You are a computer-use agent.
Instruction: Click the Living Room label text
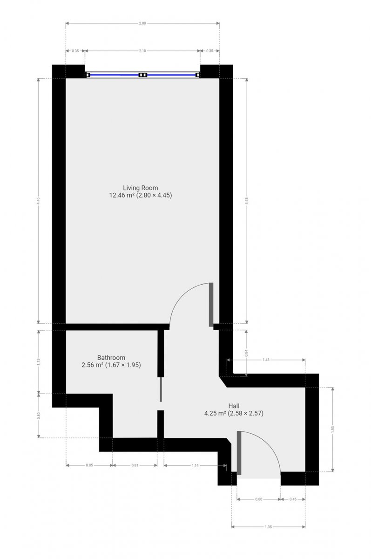[141, 188]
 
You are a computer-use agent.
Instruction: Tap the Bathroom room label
[111, 358]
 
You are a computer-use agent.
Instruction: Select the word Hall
[234, 406]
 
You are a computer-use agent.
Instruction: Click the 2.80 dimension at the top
[142, 23]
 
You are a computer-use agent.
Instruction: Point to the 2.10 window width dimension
[142, 51]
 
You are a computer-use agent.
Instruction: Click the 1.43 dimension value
[266, 360]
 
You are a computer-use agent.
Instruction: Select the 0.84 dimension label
[246, 352]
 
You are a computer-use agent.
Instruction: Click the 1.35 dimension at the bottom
[268, 527]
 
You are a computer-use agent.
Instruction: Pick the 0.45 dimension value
[293, 499]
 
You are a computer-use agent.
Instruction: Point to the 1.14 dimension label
[195, 465]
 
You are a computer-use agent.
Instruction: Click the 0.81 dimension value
[135, 465]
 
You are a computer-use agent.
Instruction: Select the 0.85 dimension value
[89, 465]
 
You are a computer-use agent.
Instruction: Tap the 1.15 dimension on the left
[38, 362]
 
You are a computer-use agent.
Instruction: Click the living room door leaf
[211, 305]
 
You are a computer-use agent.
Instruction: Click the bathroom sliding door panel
[161, 389]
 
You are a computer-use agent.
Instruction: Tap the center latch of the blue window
[143, 75]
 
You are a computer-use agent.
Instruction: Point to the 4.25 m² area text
[215, 413]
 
